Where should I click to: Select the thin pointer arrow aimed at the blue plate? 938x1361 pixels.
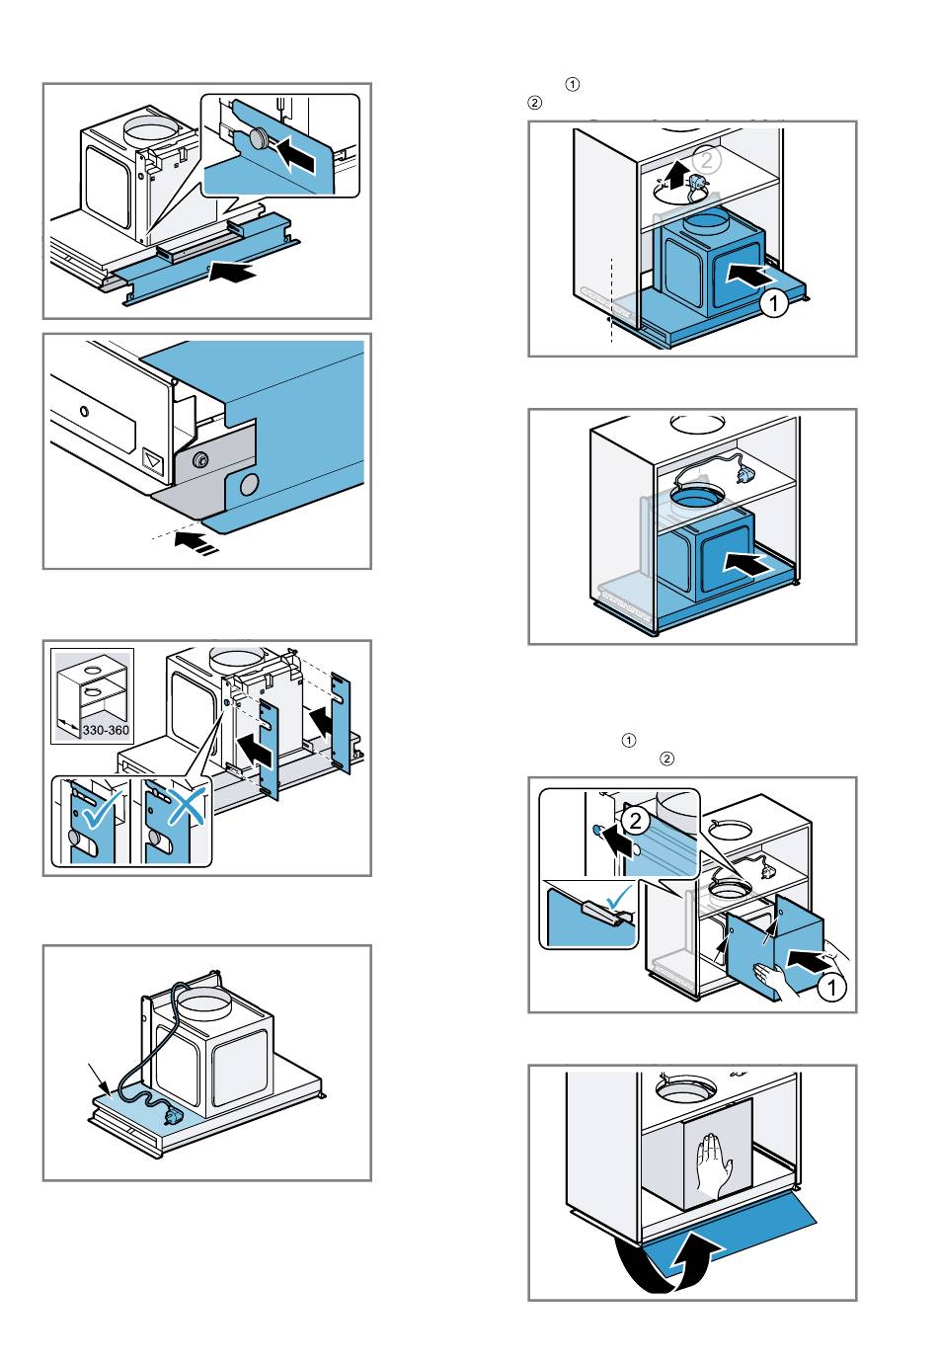(96, 1077)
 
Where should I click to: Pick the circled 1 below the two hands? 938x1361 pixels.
(832, 989)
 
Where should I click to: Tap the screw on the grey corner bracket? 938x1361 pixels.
(199, 458)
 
